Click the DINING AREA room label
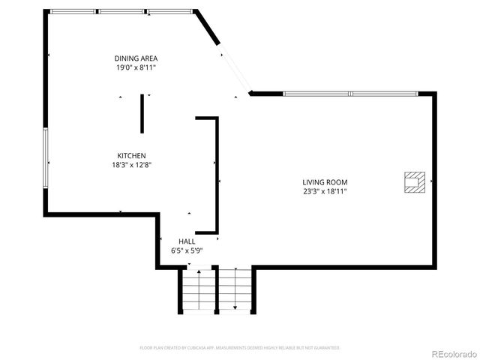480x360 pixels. (136, 58)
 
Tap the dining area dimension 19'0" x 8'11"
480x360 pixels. (136, 67)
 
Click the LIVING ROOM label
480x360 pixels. (325, 181)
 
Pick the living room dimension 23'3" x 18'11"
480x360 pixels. (325, 191)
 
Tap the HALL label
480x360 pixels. (187, 241)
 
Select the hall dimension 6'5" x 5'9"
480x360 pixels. (187, 250)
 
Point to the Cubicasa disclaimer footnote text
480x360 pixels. (240, 348)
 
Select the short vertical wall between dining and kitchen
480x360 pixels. (142, 113)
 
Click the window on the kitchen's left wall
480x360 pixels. (46, 158)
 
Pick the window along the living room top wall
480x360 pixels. (351, 94)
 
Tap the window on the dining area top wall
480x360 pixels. (121, 11)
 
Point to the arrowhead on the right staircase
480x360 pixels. (235, 307)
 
